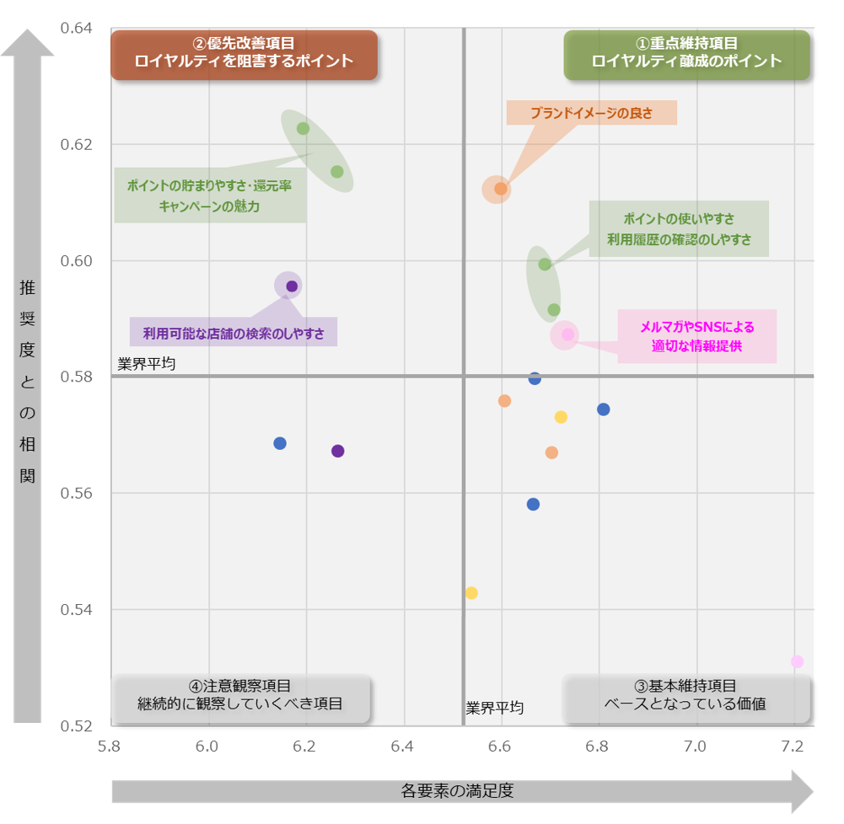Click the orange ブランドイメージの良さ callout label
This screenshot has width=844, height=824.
[591, 113]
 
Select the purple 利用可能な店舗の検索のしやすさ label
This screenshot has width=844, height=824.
[234, 333]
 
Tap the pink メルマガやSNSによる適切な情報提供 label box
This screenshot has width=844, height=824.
[696, 336]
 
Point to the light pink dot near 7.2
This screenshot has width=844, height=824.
[797, 661]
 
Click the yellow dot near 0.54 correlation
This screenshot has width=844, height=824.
[471, 593]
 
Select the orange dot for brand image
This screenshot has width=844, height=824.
[500, 189]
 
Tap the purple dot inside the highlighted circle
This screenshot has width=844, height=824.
[292, 286]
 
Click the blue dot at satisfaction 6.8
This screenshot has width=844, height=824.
[603, 409]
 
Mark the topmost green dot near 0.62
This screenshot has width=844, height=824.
[303, 129]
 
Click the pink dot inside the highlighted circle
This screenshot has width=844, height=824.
[567, 334]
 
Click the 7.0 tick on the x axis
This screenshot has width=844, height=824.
[695, 746]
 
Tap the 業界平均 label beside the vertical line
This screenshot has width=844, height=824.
[495, 708]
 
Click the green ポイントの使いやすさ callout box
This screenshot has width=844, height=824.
[679, 229]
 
